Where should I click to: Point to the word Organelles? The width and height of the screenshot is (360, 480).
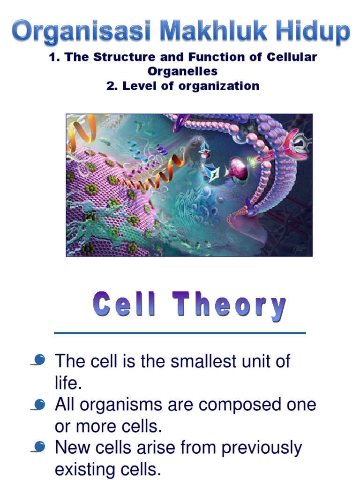click(182, 72)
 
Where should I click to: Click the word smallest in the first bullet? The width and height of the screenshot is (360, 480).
click(193, 361)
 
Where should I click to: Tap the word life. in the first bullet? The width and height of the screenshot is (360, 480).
click(68, 383)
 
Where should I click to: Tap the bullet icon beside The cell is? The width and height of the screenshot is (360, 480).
click(39, 361)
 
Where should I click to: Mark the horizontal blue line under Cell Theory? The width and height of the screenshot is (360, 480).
click(180, 333)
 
